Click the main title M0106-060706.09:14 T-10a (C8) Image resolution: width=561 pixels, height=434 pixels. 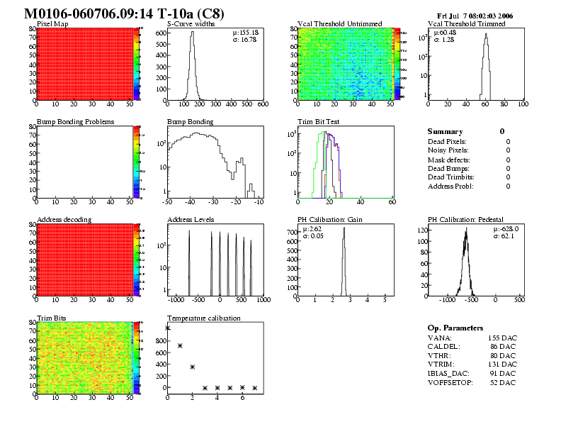tap(126, 13)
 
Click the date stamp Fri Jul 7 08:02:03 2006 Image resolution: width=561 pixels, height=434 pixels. tap(475, 15)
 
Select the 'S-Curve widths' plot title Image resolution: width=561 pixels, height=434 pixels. tap(191, 24)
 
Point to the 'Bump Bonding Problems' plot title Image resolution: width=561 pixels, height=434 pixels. tap(75, 122)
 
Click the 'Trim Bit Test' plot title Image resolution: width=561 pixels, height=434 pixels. tap(319, 122)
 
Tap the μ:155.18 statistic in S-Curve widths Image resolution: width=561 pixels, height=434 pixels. tap(245, 33)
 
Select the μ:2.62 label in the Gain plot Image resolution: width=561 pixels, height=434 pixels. tap(312, 229)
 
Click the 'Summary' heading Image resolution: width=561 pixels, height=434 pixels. tap(445, 132)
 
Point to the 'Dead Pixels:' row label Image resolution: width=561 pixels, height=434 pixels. tap(447, 142)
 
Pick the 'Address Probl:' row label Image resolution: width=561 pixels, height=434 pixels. tap(450, 187)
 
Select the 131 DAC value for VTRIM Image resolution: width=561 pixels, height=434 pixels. tap(502, 365)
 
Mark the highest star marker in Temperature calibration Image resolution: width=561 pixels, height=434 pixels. tap(168, 328)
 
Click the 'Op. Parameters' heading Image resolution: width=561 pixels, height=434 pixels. tap(455, 328)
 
